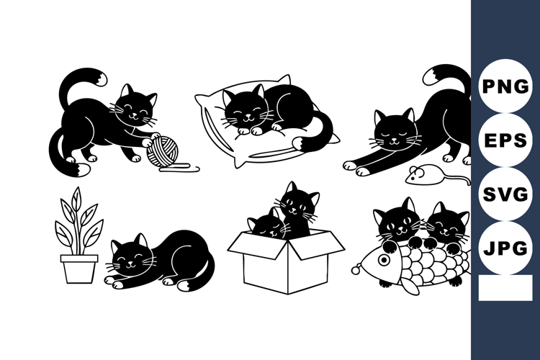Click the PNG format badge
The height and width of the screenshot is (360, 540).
pyautogui.click(x=505, y=87)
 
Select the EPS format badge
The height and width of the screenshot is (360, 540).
pyautogui.click(x=505, y=140)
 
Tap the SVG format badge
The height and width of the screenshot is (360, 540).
pyautogui.click(x=505, y=194)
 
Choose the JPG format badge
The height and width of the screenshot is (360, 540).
pyautogui.click(x=505, y=248)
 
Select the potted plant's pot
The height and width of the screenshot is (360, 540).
pyautogui.click(x=78, y=267)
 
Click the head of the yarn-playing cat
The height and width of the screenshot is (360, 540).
pyautogui.click(x=136, y=109)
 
